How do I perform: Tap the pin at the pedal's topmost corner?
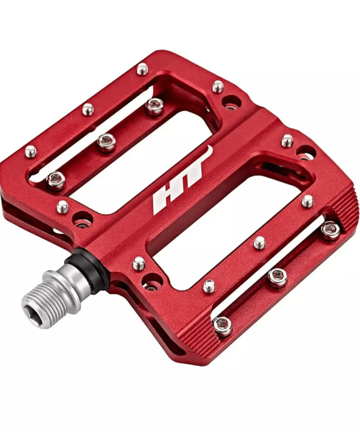pyautogui.click(x=142, y=69)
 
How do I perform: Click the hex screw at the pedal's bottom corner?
pyautogui.click(x=222, y=325)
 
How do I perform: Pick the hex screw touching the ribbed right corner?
pyautogui.click(x=330, y=229)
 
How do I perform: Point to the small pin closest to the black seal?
pyautogui.click(x=139, y=262)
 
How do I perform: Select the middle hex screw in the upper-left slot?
pyautogui.click(x=105, y=142)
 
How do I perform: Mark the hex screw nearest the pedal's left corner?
pyautogui.click(x=56, y=179)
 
